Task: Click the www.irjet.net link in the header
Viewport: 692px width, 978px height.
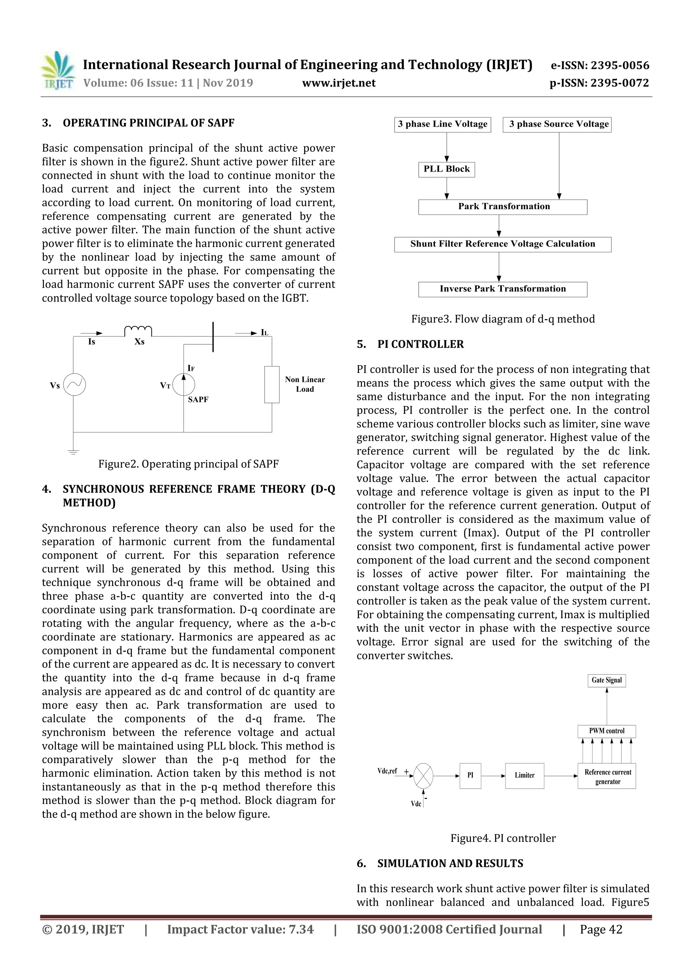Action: pyautogui.click(x=339, y=83)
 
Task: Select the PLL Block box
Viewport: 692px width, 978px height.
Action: pyautogui.click(x=446, y=169)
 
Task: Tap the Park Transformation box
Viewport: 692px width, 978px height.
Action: pyautogui.click(x=502, y=207)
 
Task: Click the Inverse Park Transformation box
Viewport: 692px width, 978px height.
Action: pyautogui.click(x=502, y=289)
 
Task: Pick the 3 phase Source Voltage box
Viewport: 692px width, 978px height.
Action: pyautogui.click(x=557, y=124)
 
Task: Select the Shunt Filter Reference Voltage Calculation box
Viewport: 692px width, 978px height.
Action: pyautogui.click(x=502, y=244)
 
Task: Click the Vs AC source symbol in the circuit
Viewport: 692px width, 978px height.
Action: pyautogui.click(x=75, y=385)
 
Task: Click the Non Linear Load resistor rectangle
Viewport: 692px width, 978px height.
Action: pyautogui.click(x=272, y=384)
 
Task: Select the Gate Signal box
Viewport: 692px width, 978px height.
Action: pyautogui.click(x=607, y=680)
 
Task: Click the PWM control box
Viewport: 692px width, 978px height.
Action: pyautogui.click(x=607, y=731)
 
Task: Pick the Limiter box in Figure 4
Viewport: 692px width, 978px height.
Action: pyautogui.click(x=524, y=775)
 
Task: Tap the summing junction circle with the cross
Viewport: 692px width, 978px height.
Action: pyautogui.click(x=423, y=776)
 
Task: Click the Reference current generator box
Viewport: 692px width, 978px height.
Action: pyautogui.click(x=607, y=776)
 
